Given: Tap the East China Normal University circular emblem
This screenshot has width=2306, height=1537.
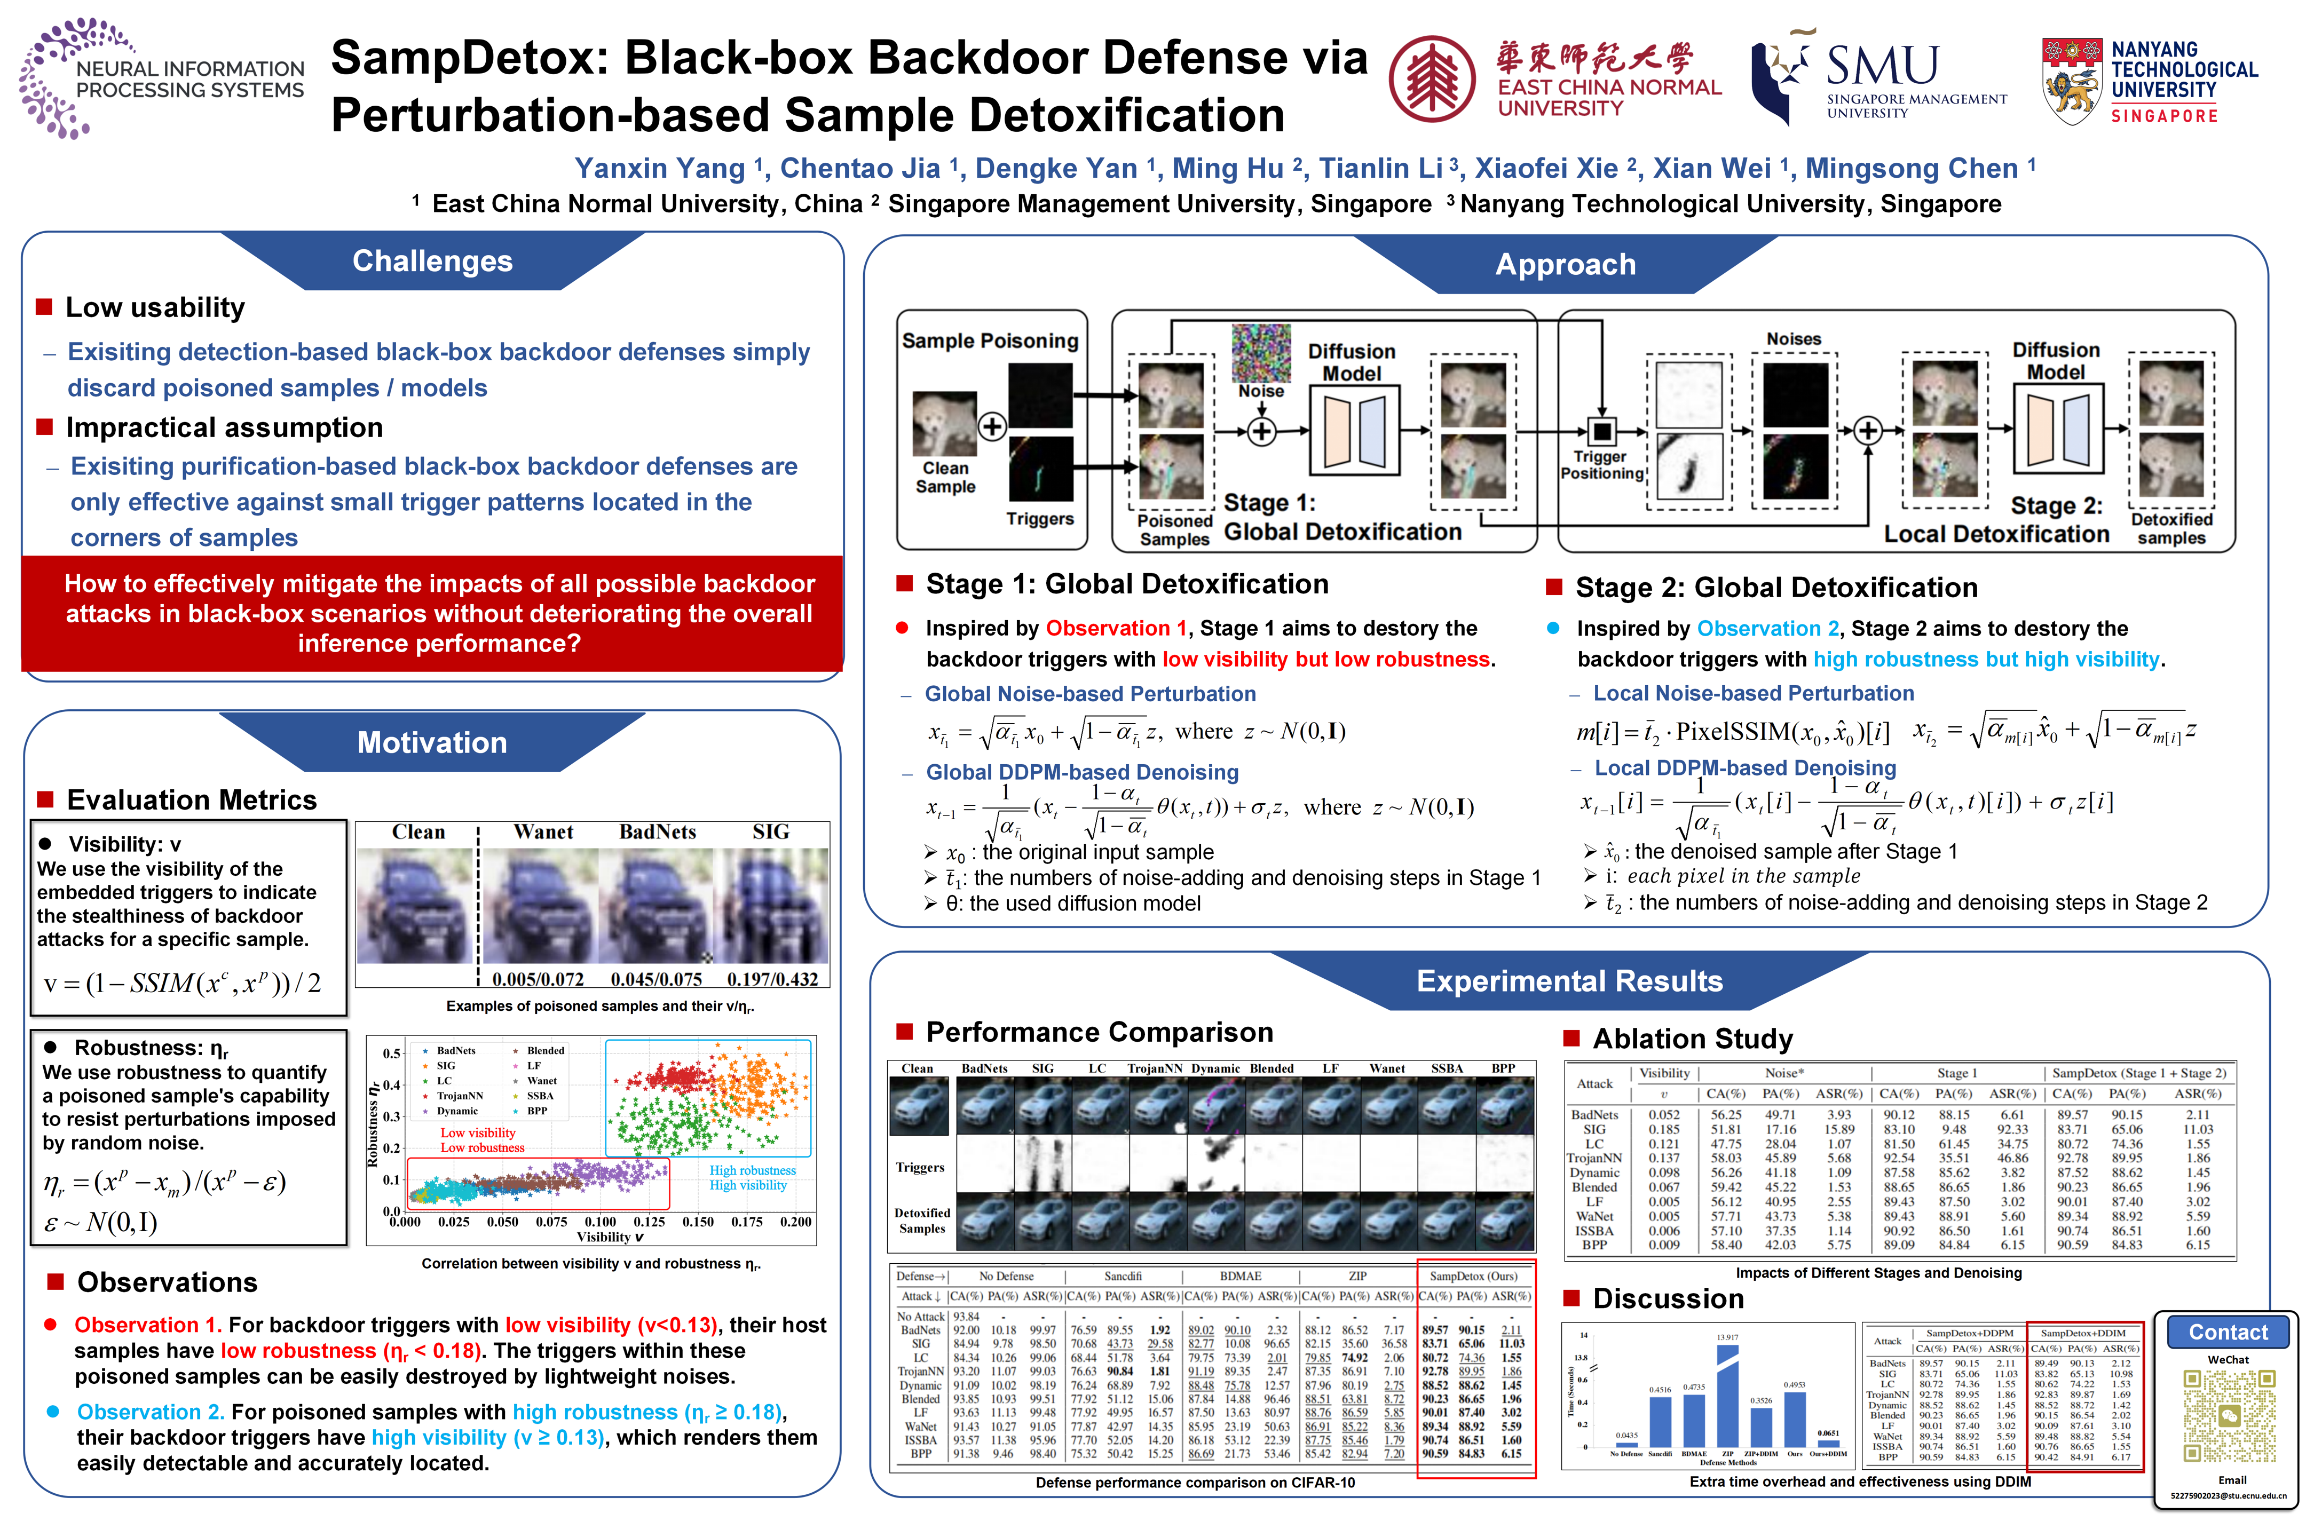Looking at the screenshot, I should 1432,78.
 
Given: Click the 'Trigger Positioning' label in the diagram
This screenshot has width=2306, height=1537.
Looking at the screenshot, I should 1601,465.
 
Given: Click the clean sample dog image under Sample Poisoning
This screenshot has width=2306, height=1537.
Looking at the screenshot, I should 944,423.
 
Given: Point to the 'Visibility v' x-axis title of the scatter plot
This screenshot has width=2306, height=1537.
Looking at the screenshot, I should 610,1237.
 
